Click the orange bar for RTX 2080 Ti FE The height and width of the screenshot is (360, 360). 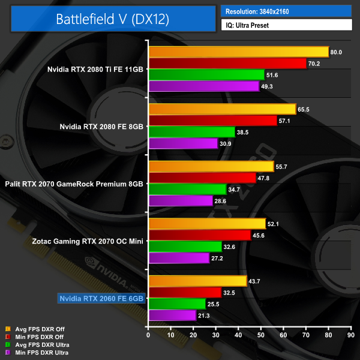click(x=238, y=52)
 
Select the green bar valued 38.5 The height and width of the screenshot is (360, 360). click(x=191, y=132)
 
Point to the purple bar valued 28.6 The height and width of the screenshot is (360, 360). click(x=181, y=200)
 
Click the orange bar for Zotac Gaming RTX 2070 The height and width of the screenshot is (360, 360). click(x=207, y=224)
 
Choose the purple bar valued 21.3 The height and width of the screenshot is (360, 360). click(x=172, y=315)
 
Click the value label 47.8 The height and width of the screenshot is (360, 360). click(x=266, y=178)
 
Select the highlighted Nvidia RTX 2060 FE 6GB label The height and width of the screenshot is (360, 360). click(x=101, y=298)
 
